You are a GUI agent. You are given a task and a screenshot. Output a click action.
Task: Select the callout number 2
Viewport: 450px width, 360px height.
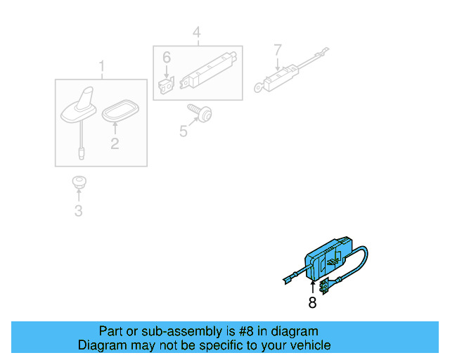tap(115, 143)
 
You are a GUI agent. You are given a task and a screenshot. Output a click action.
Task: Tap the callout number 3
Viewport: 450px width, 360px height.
tap(78, 211)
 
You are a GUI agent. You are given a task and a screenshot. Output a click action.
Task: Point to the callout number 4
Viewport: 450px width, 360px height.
tap(197, 32)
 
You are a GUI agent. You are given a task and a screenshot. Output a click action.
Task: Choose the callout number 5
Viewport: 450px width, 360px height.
tap(183, 131)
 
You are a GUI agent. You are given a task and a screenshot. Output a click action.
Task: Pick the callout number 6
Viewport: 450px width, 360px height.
tap(167, 58)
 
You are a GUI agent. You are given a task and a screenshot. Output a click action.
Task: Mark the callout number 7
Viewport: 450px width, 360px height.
tap(278, 50)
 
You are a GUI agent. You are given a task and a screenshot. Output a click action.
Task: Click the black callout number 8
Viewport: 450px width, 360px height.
tap(312, 302)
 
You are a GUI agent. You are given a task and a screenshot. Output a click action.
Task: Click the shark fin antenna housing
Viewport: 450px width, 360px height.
tap(79, 107)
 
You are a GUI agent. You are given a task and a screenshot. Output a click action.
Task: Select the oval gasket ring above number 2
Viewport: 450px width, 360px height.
tap(120, 110)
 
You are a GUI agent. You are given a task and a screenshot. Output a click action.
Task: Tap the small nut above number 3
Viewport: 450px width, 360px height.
tap(79, 182)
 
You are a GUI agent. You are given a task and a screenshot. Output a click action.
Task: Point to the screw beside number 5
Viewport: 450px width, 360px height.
tap(200, 112)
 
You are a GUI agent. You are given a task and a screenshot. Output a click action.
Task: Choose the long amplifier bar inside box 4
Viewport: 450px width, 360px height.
tap(209, 70)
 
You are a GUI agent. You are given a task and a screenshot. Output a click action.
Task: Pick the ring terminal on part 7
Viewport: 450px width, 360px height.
tap(259, 87)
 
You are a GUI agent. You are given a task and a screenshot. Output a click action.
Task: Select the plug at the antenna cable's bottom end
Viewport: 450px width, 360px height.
tap(82, 153)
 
